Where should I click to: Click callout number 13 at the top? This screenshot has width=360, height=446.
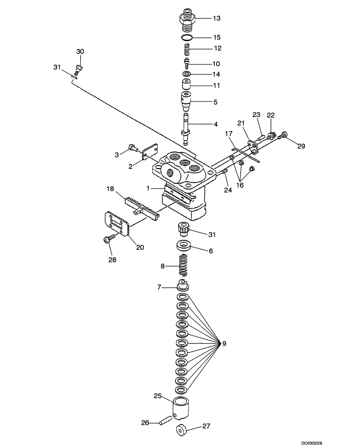(216, 18)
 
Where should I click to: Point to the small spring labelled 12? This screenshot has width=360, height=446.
(188, 48)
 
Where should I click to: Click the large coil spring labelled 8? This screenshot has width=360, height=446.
(182, 266)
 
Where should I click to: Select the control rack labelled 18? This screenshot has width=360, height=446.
(142, 207)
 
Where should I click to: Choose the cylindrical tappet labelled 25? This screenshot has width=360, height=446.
(183, 409)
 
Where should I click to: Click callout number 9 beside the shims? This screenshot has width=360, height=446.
(224, 343)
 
